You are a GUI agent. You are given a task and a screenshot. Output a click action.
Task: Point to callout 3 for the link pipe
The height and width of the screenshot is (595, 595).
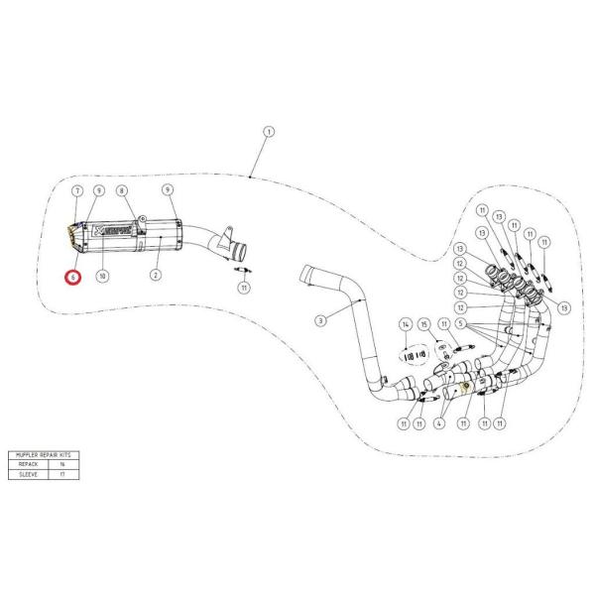[320, 320]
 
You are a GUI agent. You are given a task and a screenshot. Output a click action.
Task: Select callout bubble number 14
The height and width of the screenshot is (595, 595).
[405, 324]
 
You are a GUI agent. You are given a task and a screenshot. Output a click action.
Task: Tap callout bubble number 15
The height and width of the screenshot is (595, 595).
[423, 324]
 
